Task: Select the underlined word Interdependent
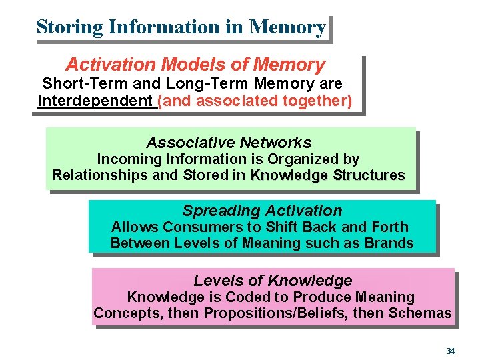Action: (95, 101)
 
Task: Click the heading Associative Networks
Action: (229, 143)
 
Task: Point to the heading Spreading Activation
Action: (262, 211)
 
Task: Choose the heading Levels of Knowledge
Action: (273, 281)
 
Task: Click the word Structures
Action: (369, 176)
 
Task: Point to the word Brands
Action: (389, 243)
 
